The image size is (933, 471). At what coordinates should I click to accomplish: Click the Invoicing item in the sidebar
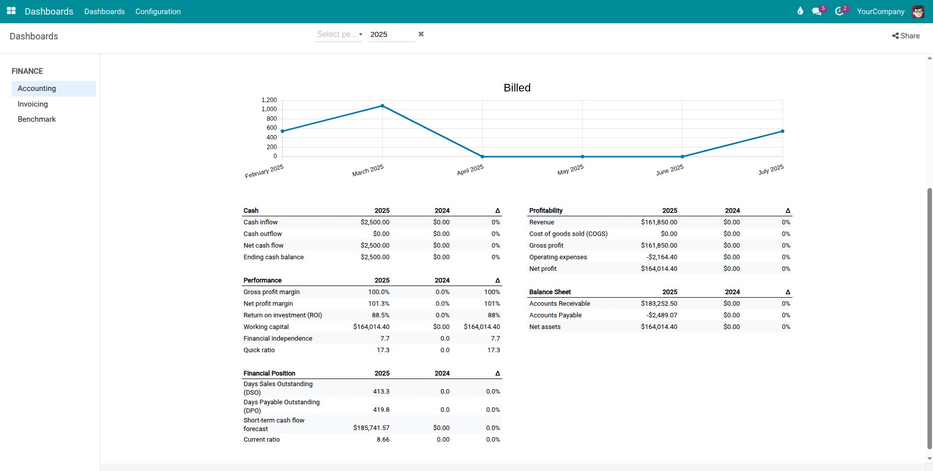click(x=33, y=104)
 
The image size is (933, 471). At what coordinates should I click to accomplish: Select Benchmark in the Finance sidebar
click(x=37, y=119)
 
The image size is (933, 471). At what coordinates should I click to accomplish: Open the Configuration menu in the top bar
click(x=158, y=12)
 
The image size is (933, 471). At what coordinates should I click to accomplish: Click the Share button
click(x=906, y=36)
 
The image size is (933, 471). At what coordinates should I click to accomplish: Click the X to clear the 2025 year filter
click(x=421, y=34)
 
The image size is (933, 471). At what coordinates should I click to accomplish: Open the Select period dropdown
click(x=339, y=34)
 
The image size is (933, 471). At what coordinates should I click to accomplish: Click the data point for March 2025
click(x=382, y=106)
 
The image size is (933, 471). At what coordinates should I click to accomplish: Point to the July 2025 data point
click(x=782, y=131)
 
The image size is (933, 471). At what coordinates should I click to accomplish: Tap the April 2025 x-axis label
click(x=470, y=170)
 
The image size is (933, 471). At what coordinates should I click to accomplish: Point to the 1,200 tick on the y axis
click(x=269, y=100)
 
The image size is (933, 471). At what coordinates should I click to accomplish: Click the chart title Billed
click(x=517, y=88)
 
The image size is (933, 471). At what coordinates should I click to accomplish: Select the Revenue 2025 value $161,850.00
click(x=659, y=222)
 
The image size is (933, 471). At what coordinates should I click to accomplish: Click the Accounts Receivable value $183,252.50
click(x=659, y=304)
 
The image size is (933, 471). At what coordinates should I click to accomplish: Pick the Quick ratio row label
click(x=259, y=350)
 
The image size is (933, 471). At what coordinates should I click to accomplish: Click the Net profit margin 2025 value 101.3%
click(x=379, y=304)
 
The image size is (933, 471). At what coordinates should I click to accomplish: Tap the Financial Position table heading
click(x=269, y=373)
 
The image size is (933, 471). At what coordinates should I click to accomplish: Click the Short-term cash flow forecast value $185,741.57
click(x=371, y=428)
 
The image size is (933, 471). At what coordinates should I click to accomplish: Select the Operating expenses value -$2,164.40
click(x=661, y=257)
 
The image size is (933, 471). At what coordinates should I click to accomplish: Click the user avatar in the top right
click(x=918, y=12)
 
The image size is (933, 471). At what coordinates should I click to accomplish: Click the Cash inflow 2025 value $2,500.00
click(x=375, y=222)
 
